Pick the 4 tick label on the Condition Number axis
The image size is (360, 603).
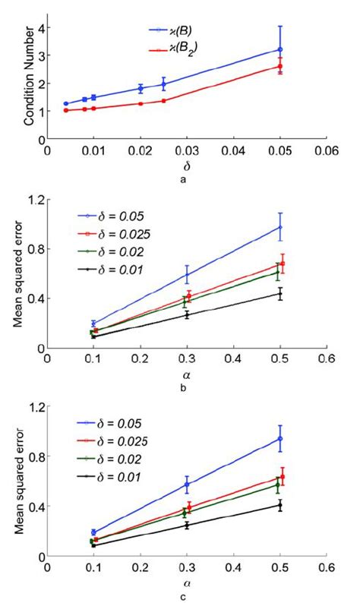point(38,28)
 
